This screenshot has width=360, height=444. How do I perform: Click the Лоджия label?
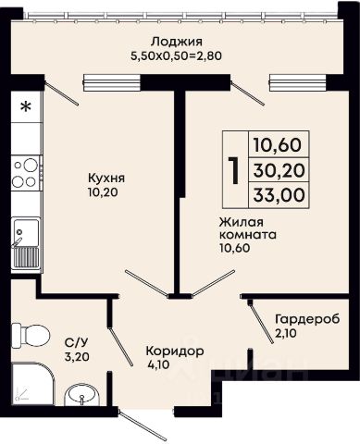tap(177, 42)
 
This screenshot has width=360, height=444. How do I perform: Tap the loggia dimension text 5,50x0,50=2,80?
tap(177, 56)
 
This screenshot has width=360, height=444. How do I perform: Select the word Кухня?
tap(106, 178)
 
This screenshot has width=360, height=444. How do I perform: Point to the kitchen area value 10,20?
tap(103, 192)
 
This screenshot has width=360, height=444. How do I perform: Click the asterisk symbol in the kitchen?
tap(26, 107)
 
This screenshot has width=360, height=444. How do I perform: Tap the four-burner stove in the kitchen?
tap(27, 173)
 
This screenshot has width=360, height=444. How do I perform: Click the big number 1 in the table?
tap(234, 170)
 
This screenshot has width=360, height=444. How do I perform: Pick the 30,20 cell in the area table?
tap(279, 170)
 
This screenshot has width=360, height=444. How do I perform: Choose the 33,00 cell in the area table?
tap(279, 194)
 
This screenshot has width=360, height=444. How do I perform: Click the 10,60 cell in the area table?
tap(278, 144)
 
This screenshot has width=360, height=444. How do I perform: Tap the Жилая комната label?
tap(247, 228)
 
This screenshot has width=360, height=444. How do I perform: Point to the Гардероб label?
tap(307, 319)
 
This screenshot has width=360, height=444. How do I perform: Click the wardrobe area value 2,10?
tap(286, 333)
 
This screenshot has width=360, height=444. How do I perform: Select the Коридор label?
tap(175, 351)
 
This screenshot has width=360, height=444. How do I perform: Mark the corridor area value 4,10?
tap(159, 364)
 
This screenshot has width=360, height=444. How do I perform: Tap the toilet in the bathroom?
tap(31, 336)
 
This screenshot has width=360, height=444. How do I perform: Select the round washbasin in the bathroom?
tap(81, 394)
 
